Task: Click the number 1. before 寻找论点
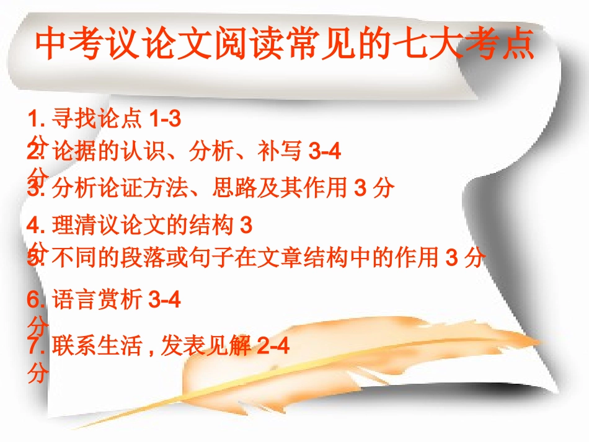coord(38,118)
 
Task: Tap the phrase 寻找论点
coord(98,118)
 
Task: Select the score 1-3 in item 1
coord(166,118)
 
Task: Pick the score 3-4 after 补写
coord(324,152)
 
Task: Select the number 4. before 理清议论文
coord(38,225)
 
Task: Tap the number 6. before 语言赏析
coord(38,300)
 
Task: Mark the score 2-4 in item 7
coord(273,345)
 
